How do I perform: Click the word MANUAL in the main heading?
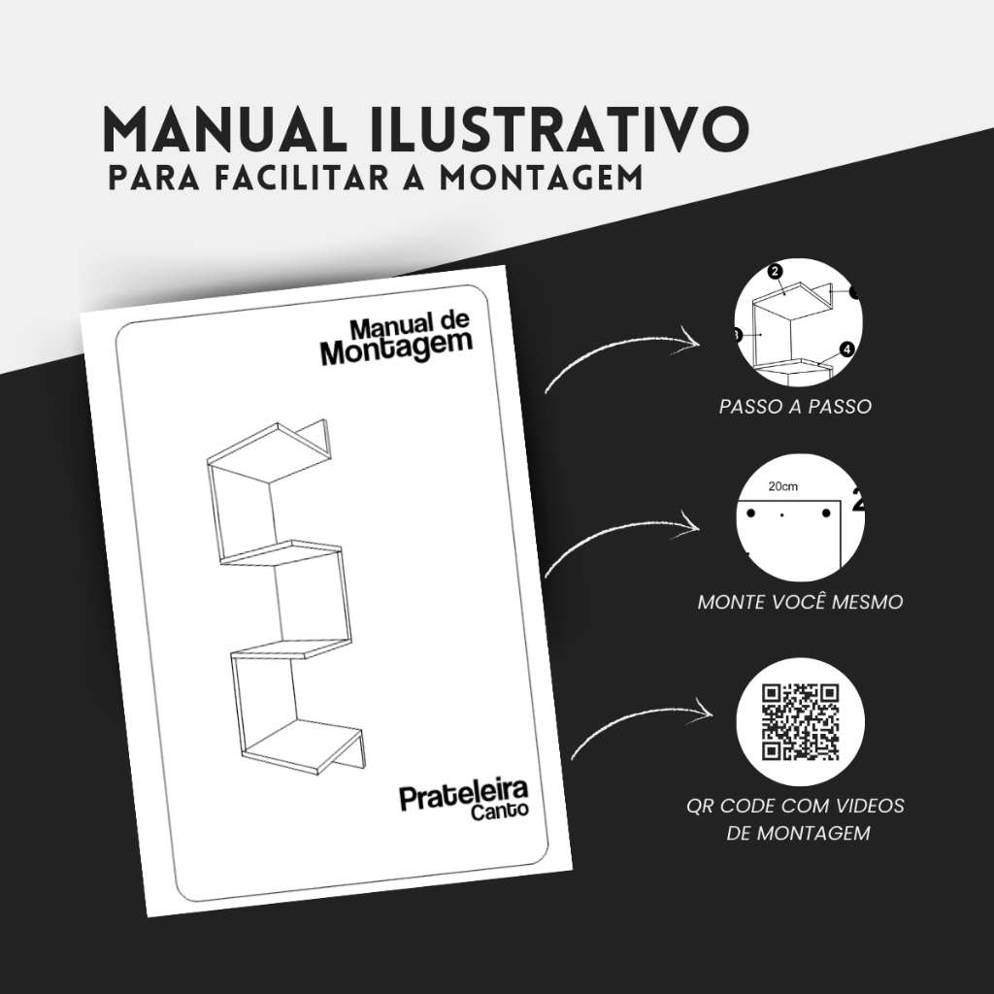(224, 130)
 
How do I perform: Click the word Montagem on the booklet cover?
(397, 348)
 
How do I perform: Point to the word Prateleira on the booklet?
(464, 795)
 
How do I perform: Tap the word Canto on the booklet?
(499, 812)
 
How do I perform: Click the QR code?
(800, 721)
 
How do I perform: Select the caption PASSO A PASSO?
(795, 407)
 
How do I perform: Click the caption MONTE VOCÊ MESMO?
(800, 602)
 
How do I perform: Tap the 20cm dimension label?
(783, 487)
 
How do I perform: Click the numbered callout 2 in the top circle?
(775, 272)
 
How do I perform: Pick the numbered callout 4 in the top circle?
(846, 349)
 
